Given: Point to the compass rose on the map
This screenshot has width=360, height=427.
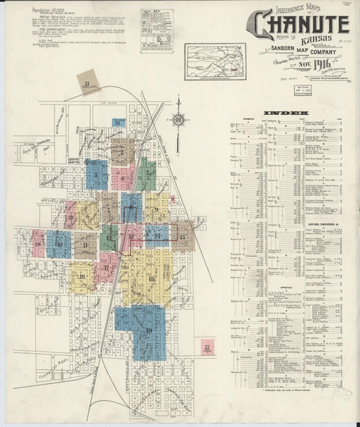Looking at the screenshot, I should click(x=179, y=120).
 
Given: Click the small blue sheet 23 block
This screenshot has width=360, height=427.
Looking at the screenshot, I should click(x=119, y=123).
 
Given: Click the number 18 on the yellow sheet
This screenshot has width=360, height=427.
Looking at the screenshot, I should click(x=151, y=278).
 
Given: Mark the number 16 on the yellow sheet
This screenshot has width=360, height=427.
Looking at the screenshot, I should click(x=82, y=276).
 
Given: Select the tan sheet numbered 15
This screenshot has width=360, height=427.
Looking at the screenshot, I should click(x=182, y=236).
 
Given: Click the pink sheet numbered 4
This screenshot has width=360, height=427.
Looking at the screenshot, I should click(x=122, y=178).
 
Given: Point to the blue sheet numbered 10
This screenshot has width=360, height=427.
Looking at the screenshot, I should click(x=59, y=244).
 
